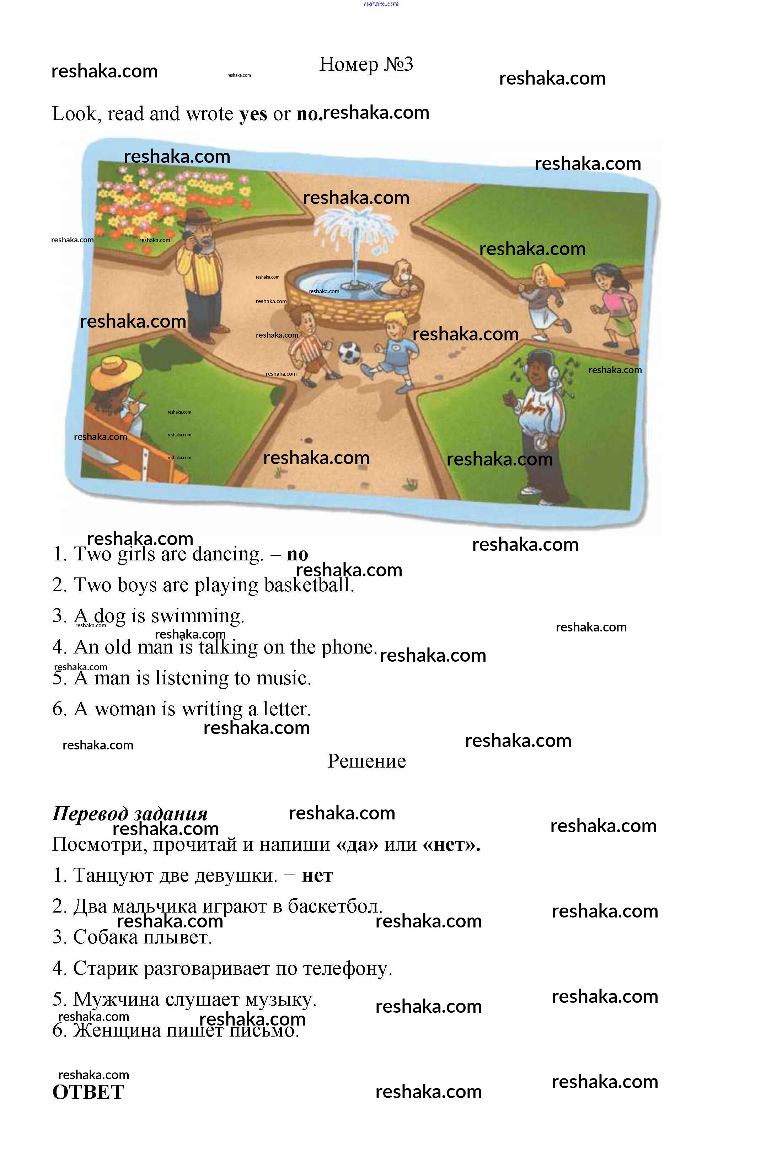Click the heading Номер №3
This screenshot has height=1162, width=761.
pos(366,64)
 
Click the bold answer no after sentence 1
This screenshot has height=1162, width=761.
pos(298,554)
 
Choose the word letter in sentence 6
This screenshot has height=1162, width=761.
pos(286,709)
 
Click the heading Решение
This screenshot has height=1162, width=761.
pos(366,761)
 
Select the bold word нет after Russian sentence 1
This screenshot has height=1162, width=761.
pos(317,875)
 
